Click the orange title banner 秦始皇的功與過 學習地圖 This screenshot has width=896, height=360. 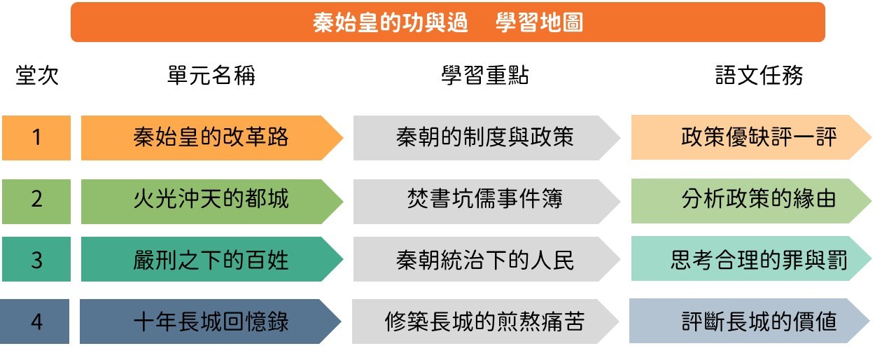tap(447, 22)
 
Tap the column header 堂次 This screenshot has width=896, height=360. tap(37, 75)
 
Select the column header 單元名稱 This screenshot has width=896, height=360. tap(211, 75)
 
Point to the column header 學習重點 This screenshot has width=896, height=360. tap(485, 75)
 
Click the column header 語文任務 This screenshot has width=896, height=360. tap(759, 75)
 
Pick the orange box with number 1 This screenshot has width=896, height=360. tap(36, 138)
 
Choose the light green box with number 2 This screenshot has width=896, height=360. tap(36, 202)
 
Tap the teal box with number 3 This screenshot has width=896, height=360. tap(36, 259)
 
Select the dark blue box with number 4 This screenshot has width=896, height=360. tap(34, 321)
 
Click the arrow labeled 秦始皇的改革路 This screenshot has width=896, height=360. tap(212, 138)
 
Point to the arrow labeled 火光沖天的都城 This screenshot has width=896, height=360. tap(212, 202)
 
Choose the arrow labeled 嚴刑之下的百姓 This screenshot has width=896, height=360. tap(212, 259)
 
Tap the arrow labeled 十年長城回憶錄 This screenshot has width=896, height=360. tap(211, 321)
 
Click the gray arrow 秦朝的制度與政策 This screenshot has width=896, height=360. tap(486, 138)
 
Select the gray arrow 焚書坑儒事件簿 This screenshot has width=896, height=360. tap(486, 202)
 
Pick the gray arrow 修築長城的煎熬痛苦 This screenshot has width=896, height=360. tap(485, 321)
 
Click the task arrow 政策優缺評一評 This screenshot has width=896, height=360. tap(751, 137)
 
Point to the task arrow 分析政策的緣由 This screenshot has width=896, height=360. tap(751, 201)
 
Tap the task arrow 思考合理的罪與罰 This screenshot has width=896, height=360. tap(751, 258)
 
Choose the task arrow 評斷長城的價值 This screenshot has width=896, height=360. tap(750, 320)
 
